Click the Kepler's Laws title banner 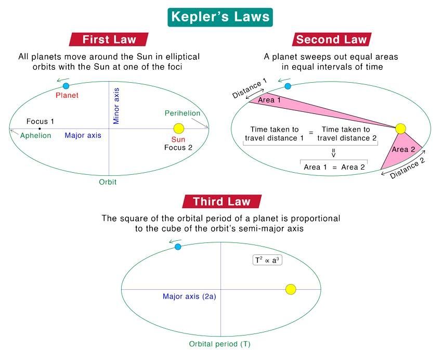tap(220, 17)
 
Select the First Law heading tap(109, 40)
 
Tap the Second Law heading tap(332, 40)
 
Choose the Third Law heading tap(222, 201)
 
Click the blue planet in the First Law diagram tap(66, 86)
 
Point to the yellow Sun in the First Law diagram tap(179, 128)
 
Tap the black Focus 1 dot tap(40, 129)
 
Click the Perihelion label tap(183, 113)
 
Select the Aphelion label tap(35, 136)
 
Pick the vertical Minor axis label tap(116, 106)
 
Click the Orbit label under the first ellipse tap(108, 182)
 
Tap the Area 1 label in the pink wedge tap(269, 100)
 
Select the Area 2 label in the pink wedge tap(404, 149)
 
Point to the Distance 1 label tap(250, 88)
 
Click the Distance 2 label tap(407, 169)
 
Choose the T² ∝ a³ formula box tap(267, 260)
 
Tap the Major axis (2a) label tap(189, 297)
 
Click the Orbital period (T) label tap(219, 344)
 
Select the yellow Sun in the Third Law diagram tap(291, 289)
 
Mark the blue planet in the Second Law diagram tap(288, 86)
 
